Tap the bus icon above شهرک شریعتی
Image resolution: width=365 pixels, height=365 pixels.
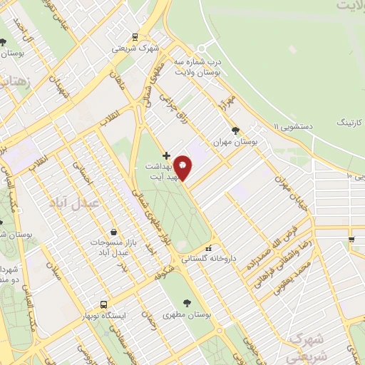tap(135, 38)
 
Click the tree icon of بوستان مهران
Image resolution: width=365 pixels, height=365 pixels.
tap(236, 130)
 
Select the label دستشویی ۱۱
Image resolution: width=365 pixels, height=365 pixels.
tap(292, 125)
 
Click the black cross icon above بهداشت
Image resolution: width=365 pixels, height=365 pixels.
tap(166, 155)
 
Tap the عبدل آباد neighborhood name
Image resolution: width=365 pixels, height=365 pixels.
tap(69, 203)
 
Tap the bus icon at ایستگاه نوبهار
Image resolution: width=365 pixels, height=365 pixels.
tap(104, 303)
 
